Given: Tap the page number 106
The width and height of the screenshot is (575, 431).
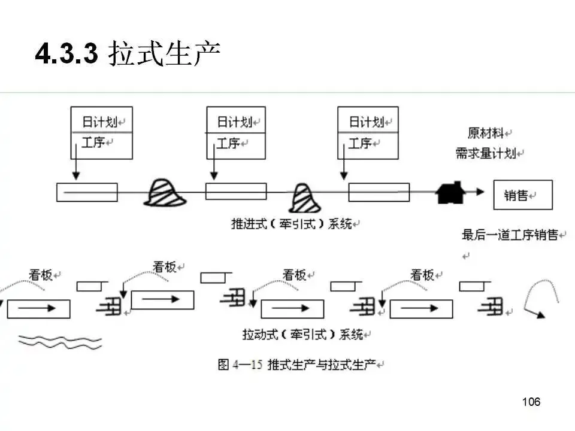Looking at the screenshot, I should point(531,402).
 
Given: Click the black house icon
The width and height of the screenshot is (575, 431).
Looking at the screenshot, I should point(450,192).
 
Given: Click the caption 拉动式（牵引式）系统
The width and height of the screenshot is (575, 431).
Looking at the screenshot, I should point(302,334).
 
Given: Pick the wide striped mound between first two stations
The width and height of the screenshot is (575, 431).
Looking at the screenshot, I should point(165,193).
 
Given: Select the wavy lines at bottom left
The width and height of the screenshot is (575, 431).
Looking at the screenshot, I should point(60,341).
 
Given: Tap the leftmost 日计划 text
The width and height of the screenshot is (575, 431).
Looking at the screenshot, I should point(99,122).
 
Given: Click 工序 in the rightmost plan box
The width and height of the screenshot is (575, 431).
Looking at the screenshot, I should point(360,144).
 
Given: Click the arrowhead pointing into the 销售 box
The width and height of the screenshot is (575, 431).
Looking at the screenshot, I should point(480,192).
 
